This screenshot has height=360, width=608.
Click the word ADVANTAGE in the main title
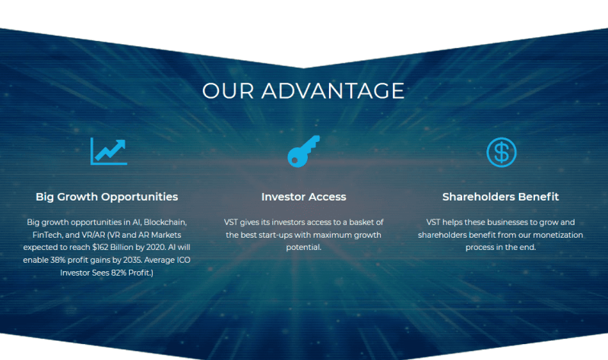333,90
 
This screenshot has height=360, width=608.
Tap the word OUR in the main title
228,90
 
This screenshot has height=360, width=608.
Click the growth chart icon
109,151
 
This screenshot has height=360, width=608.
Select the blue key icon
303,151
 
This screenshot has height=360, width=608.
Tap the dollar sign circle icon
502,153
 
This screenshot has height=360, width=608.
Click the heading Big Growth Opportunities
106,197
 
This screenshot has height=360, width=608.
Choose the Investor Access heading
303,197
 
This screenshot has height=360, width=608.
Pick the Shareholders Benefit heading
501,197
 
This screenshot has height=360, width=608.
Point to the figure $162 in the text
101,248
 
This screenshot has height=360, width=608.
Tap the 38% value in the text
59,260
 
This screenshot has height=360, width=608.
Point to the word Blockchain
165,223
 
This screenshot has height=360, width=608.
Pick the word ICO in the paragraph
183,260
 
